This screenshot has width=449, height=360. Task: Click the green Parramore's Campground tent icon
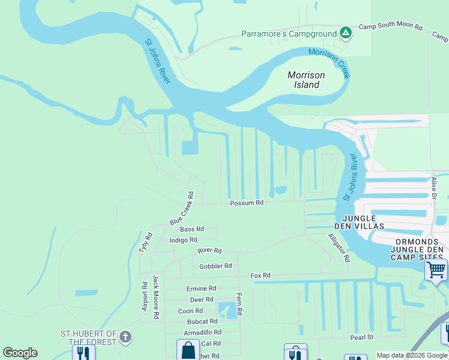coord(345,34)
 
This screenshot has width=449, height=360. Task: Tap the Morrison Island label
coord(306,80)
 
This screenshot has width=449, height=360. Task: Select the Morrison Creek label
coord(329,62)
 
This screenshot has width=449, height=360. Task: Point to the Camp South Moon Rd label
coord(390,28)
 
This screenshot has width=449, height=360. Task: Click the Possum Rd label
coord(247,203)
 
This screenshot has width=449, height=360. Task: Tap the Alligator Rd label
coord(338,248)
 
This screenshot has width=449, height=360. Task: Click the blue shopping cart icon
coord(436,269)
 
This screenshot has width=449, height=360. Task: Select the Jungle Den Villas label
coord(360,223)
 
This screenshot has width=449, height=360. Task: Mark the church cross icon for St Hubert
coord(125,337)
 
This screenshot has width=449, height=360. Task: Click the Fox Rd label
coord(260,275)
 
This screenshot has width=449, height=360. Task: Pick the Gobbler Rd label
coord(215,266)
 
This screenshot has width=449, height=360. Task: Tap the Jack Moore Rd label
coord(155,296)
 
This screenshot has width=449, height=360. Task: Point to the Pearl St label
coord(362,338)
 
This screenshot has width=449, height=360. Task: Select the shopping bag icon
coord(188,350)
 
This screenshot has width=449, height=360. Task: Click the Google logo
coord(20,353)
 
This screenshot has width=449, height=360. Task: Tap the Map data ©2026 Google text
coord(412,355)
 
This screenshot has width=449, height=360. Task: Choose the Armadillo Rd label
coord(203,332)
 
